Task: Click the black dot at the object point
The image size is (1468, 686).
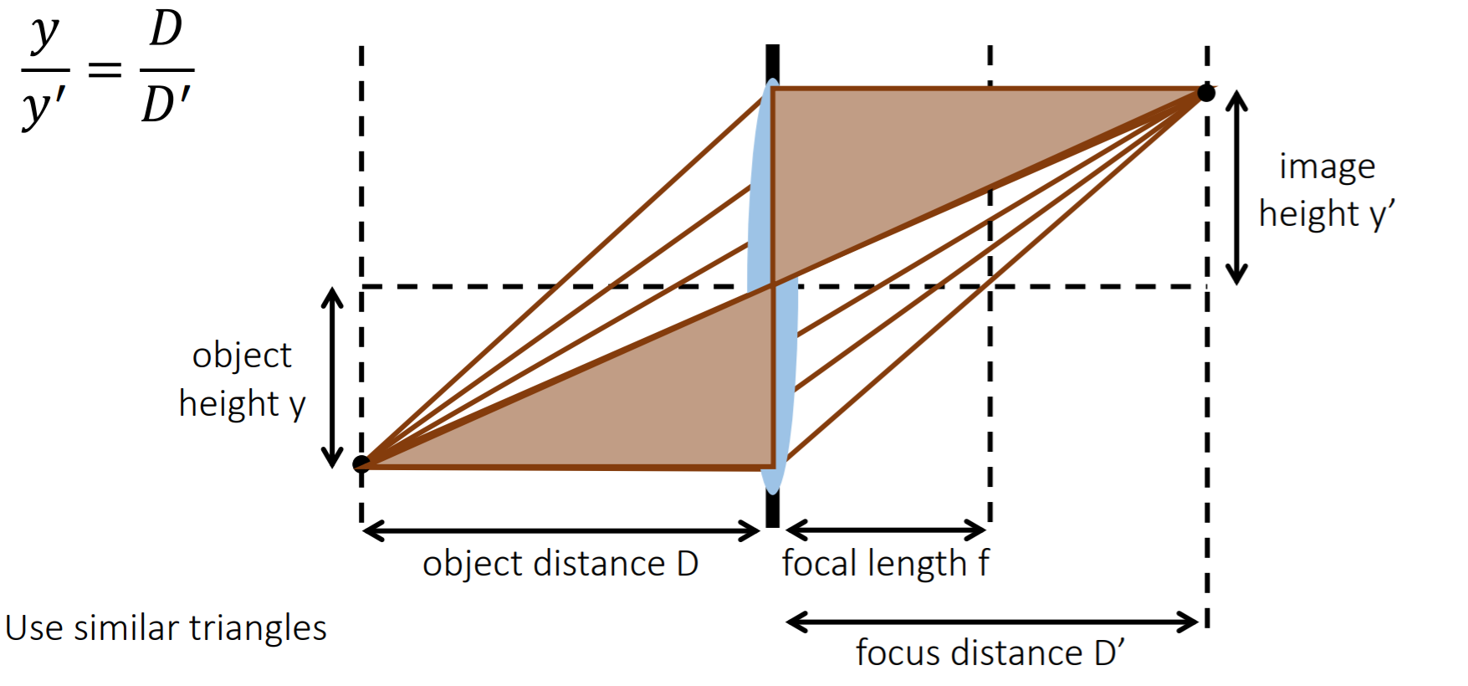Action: (x=361, y=463)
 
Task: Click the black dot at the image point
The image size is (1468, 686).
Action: (x=1206, y=92)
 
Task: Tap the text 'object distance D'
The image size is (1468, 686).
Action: (x=560, y=564)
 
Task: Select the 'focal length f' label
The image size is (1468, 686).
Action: (x=885, y=563)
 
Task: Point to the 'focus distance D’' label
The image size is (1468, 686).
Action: (x=990, y=653)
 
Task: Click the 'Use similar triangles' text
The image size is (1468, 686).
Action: (x=166, y=627)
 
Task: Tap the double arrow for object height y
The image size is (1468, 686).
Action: (x=333, y=377)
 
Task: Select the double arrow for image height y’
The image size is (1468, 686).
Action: (x=1236, y=187)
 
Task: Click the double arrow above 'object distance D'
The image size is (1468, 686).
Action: (x=561, y=530)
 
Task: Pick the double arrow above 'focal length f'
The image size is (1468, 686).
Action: (x=886, y=530)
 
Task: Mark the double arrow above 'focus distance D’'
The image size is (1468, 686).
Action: (x=992, y=622)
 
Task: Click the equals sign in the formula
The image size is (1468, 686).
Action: (x=105, y=69)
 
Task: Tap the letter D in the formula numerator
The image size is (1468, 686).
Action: (x=166, y=30)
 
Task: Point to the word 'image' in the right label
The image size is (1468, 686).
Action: (x=1327, y=167)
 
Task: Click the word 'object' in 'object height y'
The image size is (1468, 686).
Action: (x=242, y=356)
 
